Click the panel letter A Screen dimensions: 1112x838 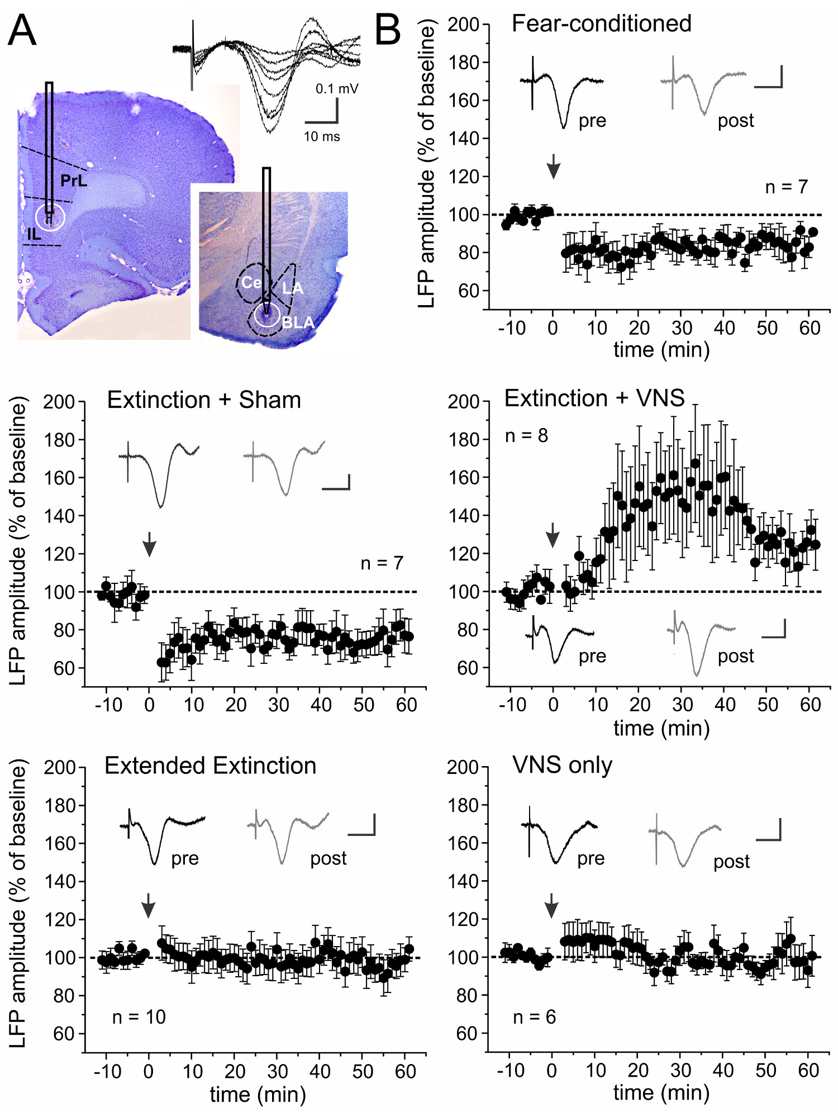coord(22,30)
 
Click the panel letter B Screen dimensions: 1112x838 coord(388,30)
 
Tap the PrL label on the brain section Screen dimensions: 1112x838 coord(74,180)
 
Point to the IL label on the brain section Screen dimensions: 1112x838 coord(34,234)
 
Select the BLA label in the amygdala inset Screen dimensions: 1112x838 coord(298,322)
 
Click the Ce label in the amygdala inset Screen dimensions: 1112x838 coord(251,283)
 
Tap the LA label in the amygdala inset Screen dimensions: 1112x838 coord(292,288)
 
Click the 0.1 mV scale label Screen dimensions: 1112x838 coord(337,88)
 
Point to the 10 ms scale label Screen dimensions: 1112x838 coord(322,136)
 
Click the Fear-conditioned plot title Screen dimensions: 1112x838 coord(601,24)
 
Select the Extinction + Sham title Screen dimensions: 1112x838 coord(204,400)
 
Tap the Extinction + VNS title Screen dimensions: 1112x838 coord(594,398)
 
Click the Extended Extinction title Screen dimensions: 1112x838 coord(210,766)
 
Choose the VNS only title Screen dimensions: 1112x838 coord(562,765)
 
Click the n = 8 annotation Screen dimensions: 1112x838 coord(526,436)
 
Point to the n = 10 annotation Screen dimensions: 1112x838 coord(139,1017)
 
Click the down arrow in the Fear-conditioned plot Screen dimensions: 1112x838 coord(553,166)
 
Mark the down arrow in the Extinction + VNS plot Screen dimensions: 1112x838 coord(553,535)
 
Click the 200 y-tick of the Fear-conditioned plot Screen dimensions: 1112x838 coord(464,25)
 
